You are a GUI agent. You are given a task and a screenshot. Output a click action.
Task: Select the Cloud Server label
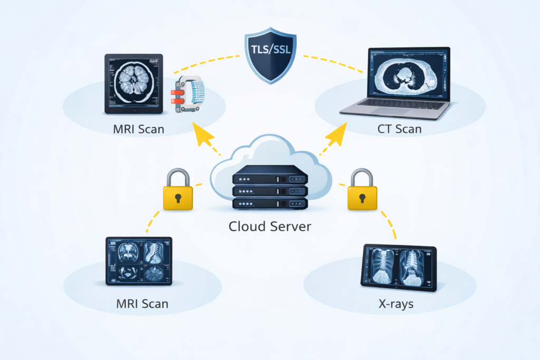[x=270, y=227]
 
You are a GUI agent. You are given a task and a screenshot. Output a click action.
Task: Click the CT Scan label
[x=399, y=129]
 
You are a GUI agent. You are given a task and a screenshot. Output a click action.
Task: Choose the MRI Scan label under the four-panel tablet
[x=142, y=304]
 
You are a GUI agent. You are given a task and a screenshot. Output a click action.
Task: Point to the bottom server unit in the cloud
[x=270, y=203]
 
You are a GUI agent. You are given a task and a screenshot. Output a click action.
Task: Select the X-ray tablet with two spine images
[x=399, y=267]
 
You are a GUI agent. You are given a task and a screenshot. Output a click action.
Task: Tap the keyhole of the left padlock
[x=178, y=198]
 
